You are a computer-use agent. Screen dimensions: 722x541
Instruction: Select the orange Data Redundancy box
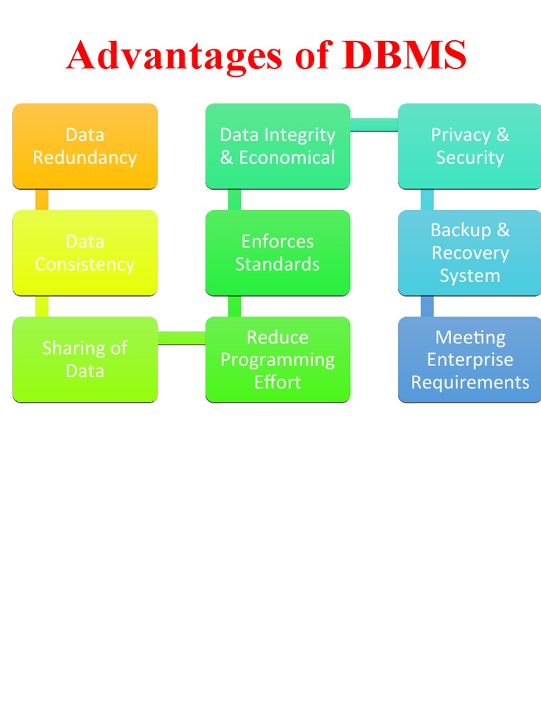pyautogui.click(x=85, y=146)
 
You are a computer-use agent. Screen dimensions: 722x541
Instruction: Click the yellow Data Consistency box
pyautogui.click(x=85, y=252)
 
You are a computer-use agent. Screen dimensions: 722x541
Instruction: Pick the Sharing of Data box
pyautogui.click(x=85, y=359)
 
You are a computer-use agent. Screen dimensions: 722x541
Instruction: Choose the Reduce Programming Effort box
pyautogui.click(x=278, y=359)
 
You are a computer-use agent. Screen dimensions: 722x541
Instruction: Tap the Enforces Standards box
pyautogui.click(x=278, y=252)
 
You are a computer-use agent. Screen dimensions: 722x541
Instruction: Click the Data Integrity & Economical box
pyautogui.click(x=278, y=146)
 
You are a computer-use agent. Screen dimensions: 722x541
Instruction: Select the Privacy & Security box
pyautogui.click(x=470, y=146)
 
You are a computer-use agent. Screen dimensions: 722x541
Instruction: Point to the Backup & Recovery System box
pyautogui.click(x=470, y=252)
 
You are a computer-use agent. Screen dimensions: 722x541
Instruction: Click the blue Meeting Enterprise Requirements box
pyautogui.click(x=470, y=359)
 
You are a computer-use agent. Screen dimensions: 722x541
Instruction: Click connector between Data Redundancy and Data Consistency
pyautogui.click(x=42, y=200)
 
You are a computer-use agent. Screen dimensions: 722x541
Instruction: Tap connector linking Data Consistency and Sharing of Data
pyautogui.click(x=42, y=306)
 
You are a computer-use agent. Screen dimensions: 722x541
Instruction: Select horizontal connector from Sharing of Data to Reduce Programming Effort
pyautogui.click(x=181, y=338)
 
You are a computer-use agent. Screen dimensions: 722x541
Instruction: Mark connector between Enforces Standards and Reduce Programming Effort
pyautogui.click(x=235, y=306)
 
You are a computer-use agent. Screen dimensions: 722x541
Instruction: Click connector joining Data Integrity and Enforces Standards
pyautogui.click(x=235, y=200)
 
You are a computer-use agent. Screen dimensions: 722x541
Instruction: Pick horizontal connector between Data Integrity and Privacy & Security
pyautogui.click(x=374, y=125)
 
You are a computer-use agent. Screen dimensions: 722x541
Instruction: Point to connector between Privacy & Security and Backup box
pyautogui.click(x=427, y=200)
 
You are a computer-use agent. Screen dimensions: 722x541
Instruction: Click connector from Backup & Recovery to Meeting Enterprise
pyautogui.click(x=427, y=306)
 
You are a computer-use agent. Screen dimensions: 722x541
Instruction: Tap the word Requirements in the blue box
pyautogui.click(x=470, y=382)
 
